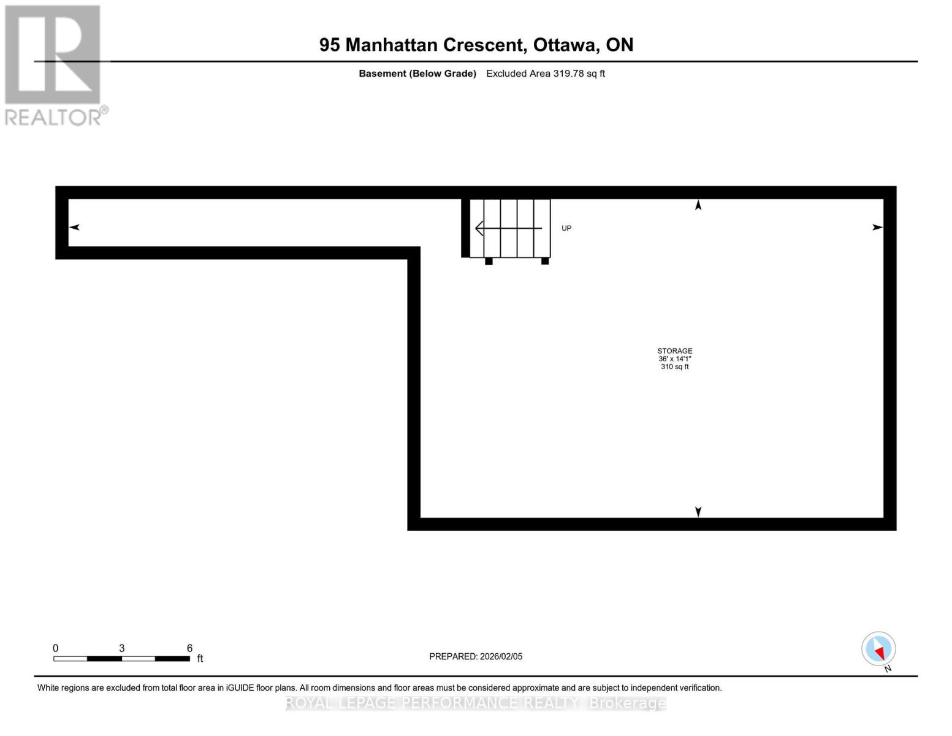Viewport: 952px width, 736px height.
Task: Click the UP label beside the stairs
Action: pyautogui.click(x=566, y=228)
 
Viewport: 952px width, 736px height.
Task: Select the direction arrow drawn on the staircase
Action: pyautogui.click(x=508, y=228)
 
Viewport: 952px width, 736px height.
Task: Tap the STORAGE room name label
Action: pyautogui.click(x=674, y=351)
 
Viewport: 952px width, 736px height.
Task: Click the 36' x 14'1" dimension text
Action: pyautogui.click(x=674, y=359)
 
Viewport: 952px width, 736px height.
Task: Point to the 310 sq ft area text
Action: pyautogui.click(x=674, y=367)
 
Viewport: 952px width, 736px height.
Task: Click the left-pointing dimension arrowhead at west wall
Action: pyautogui.click(x=74, y=227)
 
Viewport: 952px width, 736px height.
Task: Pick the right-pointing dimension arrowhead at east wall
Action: pyautogui.click(x=877, y=227)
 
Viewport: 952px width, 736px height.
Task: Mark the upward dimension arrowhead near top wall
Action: pyautogui.click(x=698, y=205)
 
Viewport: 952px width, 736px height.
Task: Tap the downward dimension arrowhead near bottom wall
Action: pyautogui.click(x=698, y=512)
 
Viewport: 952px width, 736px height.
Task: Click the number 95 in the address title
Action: pyautogui.click(x=329, y=45)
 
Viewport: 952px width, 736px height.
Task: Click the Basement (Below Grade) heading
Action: pyautogui.click(x=417, y=74)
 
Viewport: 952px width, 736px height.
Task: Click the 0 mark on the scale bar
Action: pyautogui.click(x=55, y=648)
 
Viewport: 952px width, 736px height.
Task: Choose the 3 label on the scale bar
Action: pyautogui.click(x=122, y=648)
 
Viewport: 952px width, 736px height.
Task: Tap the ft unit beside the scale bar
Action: pyautogui.click(x=200, y=659)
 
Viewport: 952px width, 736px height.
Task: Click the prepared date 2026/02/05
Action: pyautogui.click(x=501, y=656)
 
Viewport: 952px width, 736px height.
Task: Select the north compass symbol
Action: pyautogui.click(x=878, y=649)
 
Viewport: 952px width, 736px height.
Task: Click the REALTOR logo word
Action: pyautogui.click(x=54, y=117)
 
